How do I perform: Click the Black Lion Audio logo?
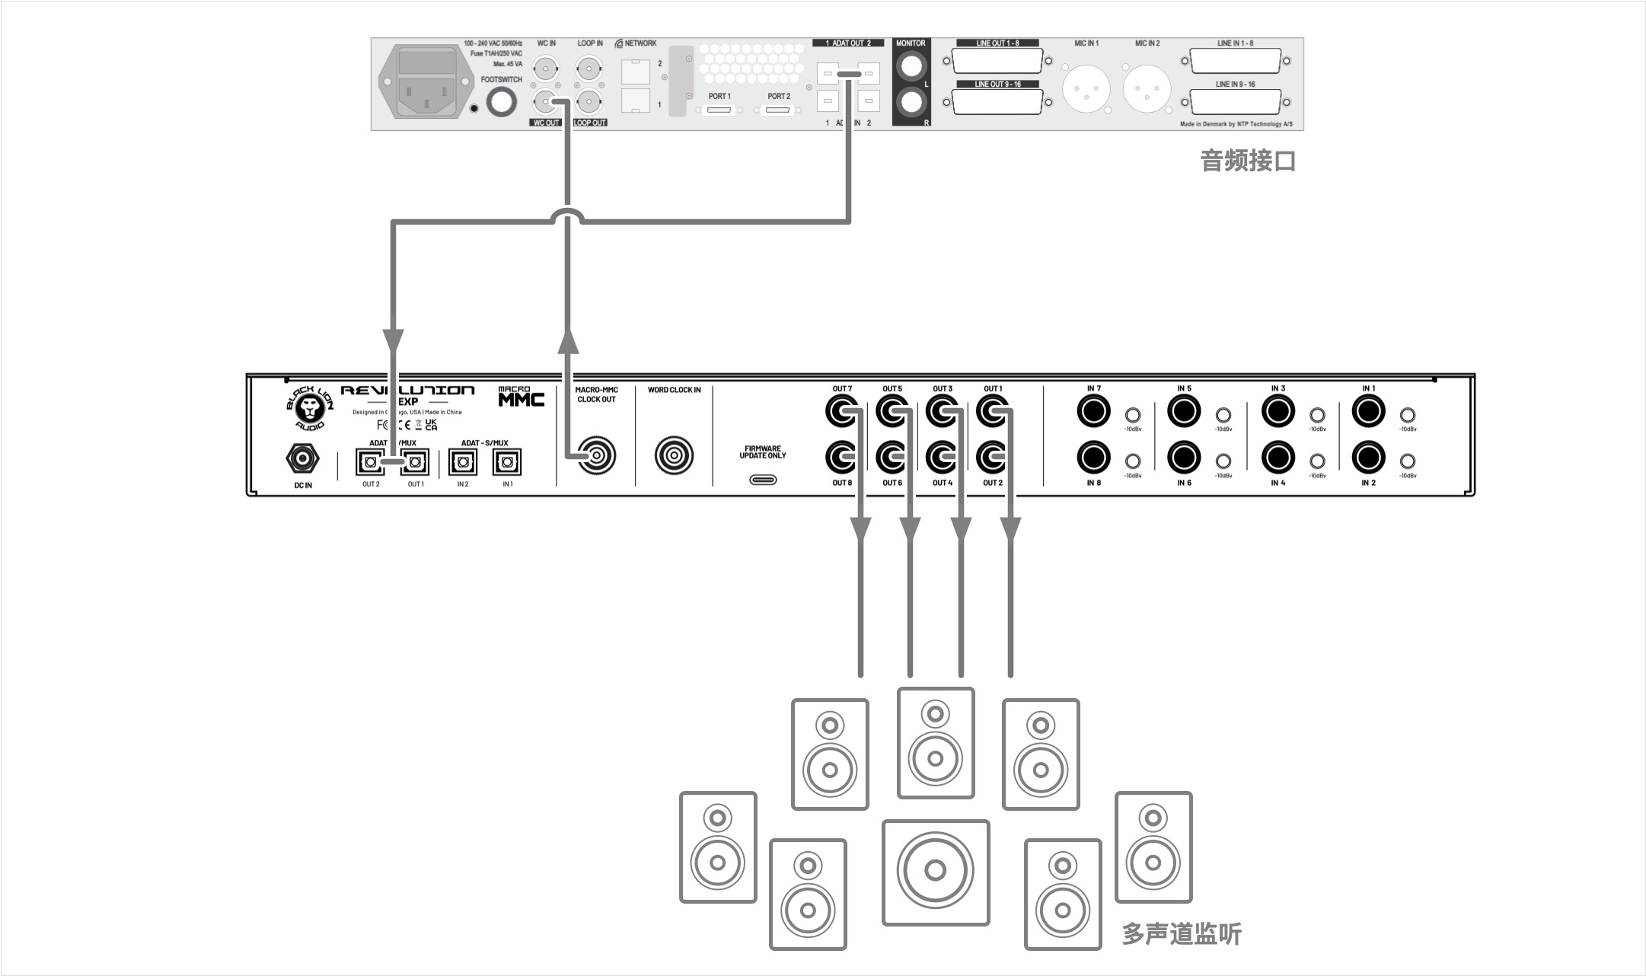[x=311, y=409]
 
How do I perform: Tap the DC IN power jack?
[x=302, y=459]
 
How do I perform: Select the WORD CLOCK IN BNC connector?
[x=674, y=455]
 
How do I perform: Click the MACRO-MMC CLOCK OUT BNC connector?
[x=596, y=455]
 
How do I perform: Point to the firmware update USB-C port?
[x=763, y=480]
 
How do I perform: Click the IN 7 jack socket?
[x=1094, y=413]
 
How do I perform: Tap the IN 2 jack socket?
[x=1368, y=458]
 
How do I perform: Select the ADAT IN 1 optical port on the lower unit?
[x=507, y=461]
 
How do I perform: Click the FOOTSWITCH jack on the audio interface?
[x=501, y=102]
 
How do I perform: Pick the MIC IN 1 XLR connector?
[x=1086, y=85]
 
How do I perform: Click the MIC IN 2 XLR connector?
[x=1147, y=85]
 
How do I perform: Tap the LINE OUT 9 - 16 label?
[x=997, y=85]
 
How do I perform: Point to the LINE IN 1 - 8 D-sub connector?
[x=1235, y=62]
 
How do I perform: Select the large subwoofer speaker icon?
[x=936, y=872]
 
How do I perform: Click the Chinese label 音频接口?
[x=1247, y=161]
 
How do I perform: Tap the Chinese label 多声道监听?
[x=1182, y=933]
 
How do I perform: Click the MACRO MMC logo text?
[x=521, y=397]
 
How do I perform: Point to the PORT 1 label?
[x=719, y=97]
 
